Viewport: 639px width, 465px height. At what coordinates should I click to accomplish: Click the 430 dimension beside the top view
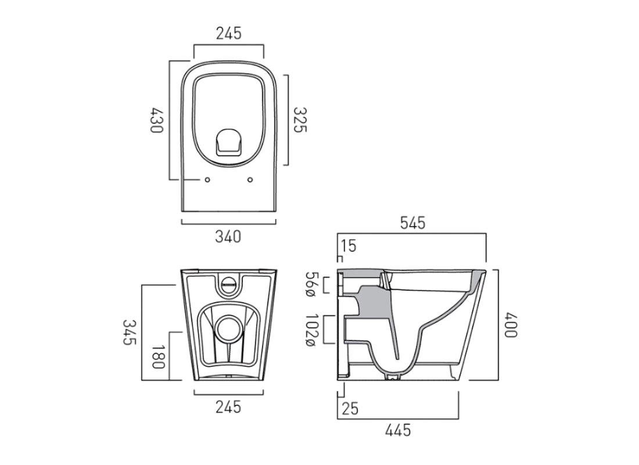156,120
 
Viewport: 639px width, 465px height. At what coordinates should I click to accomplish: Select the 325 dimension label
299,120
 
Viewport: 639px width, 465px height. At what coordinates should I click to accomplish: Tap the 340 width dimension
228,237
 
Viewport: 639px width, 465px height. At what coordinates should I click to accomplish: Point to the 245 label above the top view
228,34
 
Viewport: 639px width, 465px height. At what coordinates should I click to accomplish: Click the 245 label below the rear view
228,407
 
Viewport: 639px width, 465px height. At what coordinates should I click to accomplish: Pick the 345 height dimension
129,332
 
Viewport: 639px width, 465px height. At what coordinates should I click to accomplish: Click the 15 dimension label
349,246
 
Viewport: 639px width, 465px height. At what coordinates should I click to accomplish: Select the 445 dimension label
398,430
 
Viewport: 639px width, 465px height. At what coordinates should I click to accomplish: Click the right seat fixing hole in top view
250,180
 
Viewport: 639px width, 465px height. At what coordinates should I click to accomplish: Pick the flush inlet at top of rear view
228,284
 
